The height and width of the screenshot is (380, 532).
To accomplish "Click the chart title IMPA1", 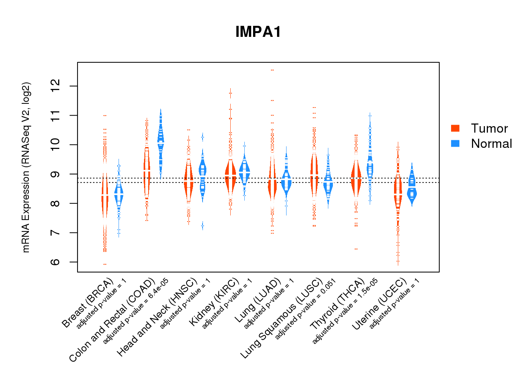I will tap(258, 32).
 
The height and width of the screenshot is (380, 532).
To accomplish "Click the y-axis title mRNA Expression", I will tap(26, 167).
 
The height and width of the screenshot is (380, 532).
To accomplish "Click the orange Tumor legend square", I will tap(455, 128).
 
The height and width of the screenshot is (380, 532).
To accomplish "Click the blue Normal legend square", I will tap(455, 144).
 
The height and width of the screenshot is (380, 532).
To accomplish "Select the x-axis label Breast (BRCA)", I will tap(88, 303).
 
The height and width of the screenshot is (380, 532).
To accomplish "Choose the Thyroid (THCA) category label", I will tap(337, 304).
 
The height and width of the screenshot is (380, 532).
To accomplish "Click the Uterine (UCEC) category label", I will tap(379, 304).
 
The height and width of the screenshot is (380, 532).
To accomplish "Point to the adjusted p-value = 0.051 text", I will tap(306, 309).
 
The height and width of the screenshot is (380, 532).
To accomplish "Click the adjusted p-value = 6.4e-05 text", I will tap(136, 311).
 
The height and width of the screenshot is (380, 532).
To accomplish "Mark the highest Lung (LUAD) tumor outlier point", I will tap(272, 70).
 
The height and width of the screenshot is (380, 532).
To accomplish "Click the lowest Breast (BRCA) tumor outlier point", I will tap(105, 264).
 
